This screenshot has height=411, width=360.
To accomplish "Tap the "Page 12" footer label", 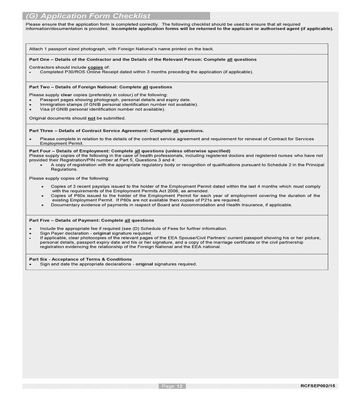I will [x=172, y=386].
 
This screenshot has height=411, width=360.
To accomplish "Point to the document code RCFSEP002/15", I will [x=318, y=386].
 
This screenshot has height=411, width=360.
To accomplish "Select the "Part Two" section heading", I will [x=101, y=87].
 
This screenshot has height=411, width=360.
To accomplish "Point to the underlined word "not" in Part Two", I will [x=92, y=118].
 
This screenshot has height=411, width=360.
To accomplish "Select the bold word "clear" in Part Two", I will [x=66, y=95].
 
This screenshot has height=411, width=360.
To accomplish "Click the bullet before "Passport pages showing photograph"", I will [x=31, y=100].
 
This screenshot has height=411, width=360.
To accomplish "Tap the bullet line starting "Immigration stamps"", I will [x=119, y=104].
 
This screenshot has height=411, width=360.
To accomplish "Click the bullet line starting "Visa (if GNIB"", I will [x=103, y=109].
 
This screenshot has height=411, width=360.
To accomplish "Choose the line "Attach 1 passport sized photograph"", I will [x=121, y=49].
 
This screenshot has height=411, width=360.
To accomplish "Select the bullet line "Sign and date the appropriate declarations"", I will [x=118, y=264].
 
